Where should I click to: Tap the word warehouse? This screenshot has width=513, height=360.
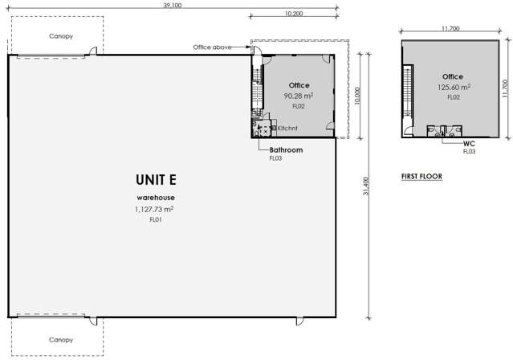pyautogui.click(x=155, y=197)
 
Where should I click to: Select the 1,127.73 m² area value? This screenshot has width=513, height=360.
pyautogui.click(x=155, y=209)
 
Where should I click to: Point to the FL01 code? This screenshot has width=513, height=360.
pyautogui.click(x=155, y=219)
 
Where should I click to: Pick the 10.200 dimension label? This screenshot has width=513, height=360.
pyautogui.click(x=293, y=14)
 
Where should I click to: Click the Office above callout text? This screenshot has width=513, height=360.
pyautogui.click(x=212, y=47)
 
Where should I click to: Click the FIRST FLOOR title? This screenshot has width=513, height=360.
pyautogui.click(x=421, y=175)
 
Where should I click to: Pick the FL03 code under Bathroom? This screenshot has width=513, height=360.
pyautogui.click(x=275, y=158)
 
